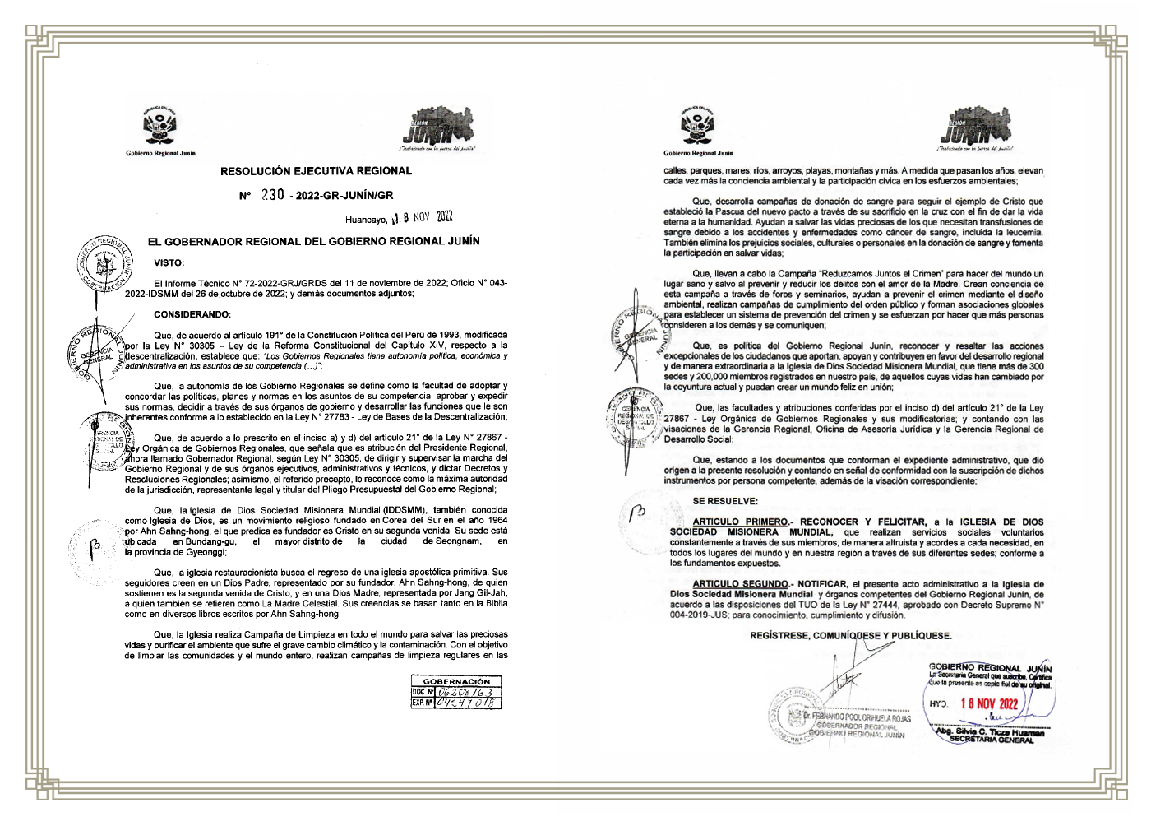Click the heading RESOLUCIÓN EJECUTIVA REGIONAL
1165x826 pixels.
point(316,171)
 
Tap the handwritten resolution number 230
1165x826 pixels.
point(272,195)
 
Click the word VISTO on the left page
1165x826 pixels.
point(169,263)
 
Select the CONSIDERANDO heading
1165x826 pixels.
point(192,314)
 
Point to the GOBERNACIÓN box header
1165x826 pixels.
point(456,681)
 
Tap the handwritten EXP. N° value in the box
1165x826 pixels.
point(465,703)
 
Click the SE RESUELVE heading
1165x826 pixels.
point(725,501)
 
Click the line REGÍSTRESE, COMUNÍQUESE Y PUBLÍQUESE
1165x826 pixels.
point(851,636)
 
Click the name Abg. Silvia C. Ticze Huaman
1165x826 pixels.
point(990,731)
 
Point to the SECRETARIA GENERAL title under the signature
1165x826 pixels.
point(991,740)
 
